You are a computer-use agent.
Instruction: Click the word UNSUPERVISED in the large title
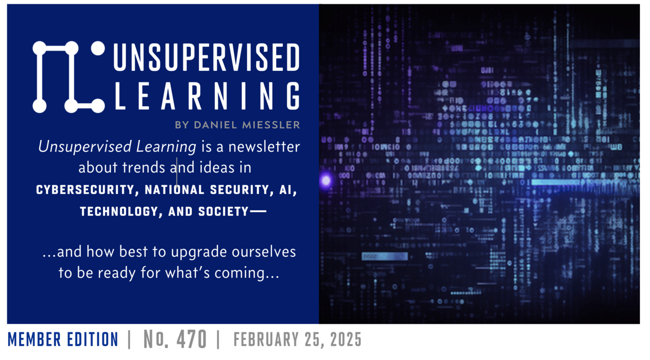pyautogui.click(x=206, y=57)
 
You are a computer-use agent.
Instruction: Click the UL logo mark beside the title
pyautogui.click(x=69, y=77)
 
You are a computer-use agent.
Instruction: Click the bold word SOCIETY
pyautogui.click(x=224, y=212)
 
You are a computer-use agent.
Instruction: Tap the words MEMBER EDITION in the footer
pyautogui.click(x=63, y=340)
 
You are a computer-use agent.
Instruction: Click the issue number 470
pyautogui.click(x=191, y=340)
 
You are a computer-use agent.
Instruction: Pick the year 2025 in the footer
pyautogui.click(x=345, y=340)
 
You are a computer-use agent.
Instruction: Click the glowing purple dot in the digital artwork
pyautogui.click(x=326, y=179)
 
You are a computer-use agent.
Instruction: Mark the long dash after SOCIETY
pyautogui.click(x=258, y=212)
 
